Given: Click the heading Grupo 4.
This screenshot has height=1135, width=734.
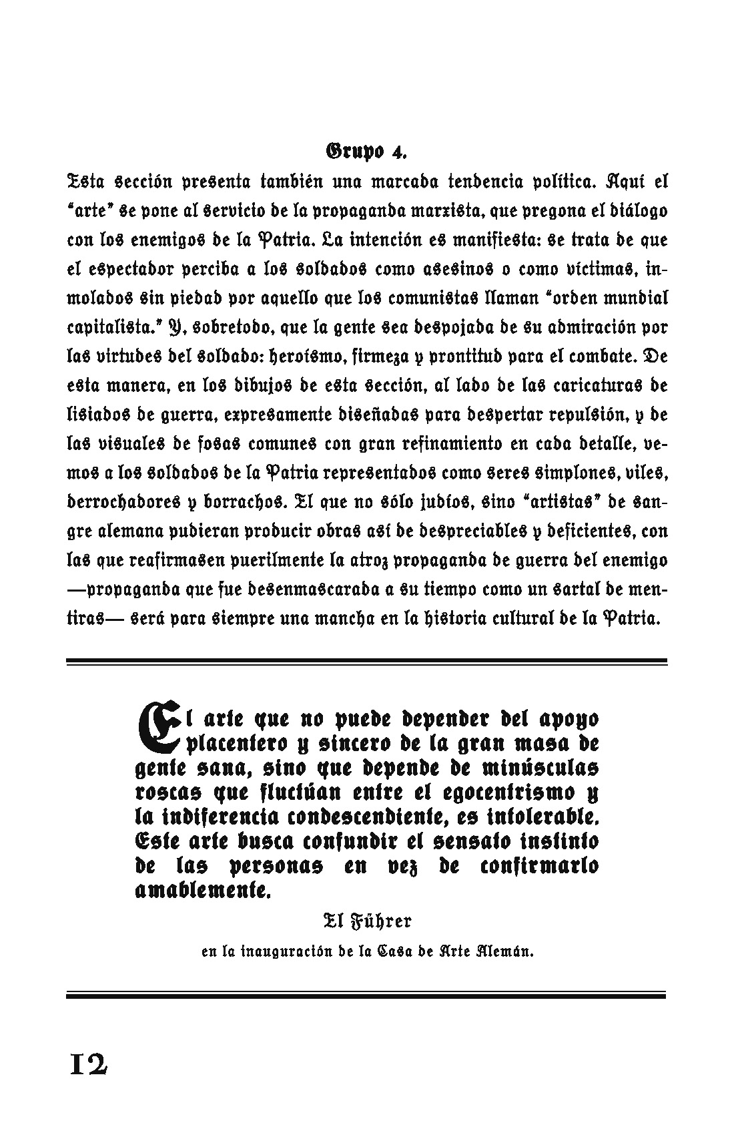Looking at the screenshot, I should coord(366,151).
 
